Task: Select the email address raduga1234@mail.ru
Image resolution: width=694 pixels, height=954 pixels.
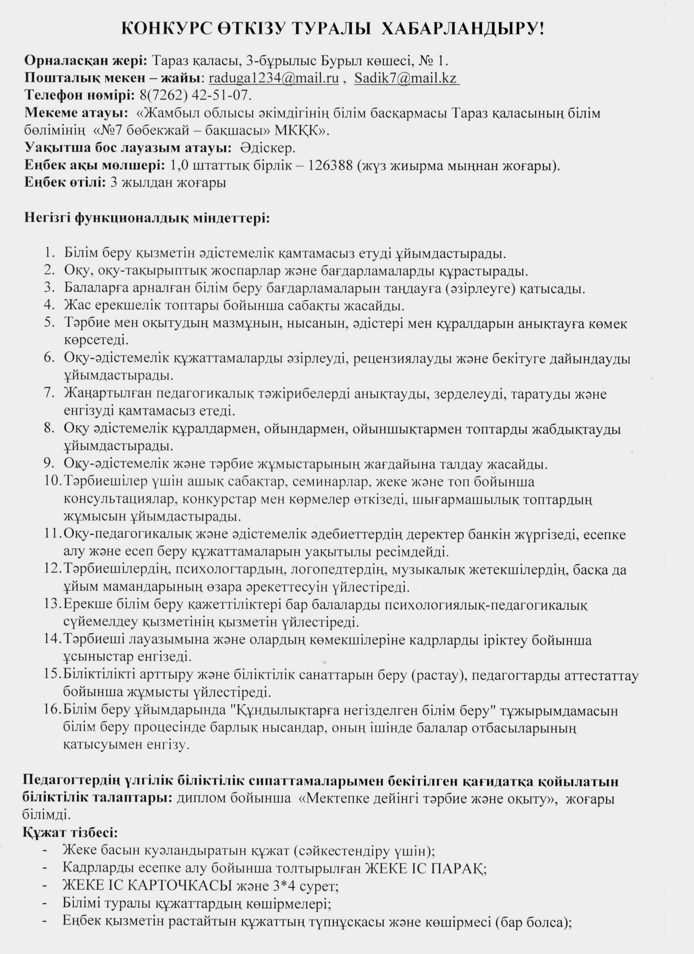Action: [x=274, y=78]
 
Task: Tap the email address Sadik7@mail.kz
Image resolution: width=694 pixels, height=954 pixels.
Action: [x=406, y=78]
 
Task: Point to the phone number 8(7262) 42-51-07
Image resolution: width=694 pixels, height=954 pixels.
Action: [x=193, y=95]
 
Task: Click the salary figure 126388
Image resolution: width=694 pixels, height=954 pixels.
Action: [x=331, y=165]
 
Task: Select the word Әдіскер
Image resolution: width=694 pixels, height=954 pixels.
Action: [x=268, y=148]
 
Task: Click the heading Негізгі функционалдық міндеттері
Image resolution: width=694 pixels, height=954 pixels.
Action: [x=147, y=218]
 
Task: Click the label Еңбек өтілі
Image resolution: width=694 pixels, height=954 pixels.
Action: [x=65, y=182]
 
